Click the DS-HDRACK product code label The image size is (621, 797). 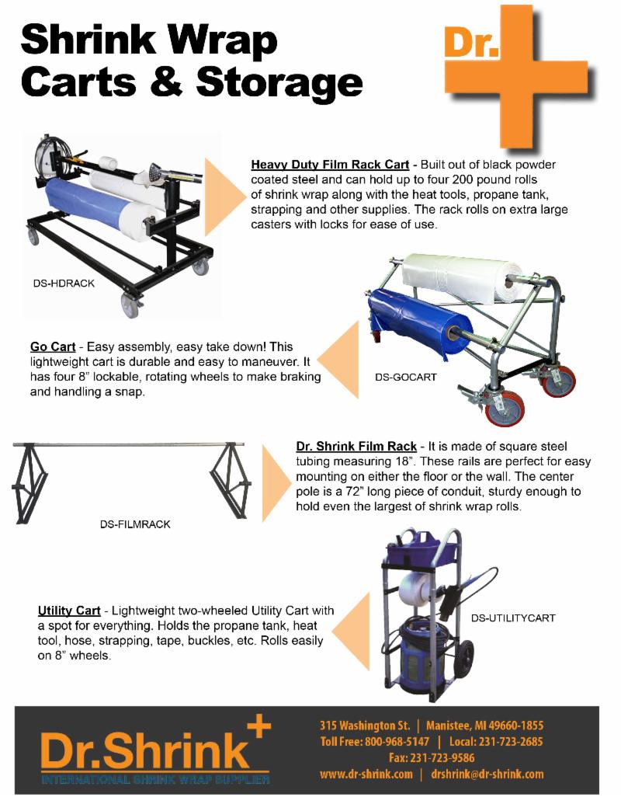click(x=64, y=283)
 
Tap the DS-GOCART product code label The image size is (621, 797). click(x=406, y=378)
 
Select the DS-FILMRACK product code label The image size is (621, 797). click(x=135, y=524)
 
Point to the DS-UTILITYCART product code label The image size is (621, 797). click(x=513, y=618)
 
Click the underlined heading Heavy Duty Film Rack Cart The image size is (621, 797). click(x=330, y=165)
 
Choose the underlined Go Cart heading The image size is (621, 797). click(x=53, y=346)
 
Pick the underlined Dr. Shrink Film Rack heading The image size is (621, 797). click(x=356, y=447)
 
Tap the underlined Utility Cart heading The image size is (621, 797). click(x=69, y=611)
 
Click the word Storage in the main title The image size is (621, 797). click(x=279, y=82)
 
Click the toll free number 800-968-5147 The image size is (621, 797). click(x=397, y=742)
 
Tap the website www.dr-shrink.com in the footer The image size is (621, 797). click(x=366, y=774)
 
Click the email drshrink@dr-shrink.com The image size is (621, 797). click(x=487, y=774)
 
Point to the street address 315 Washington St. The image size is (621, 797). click(x=365, y=726)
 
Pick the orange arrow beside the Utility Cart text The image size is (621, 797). click(x=350, y=632)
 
